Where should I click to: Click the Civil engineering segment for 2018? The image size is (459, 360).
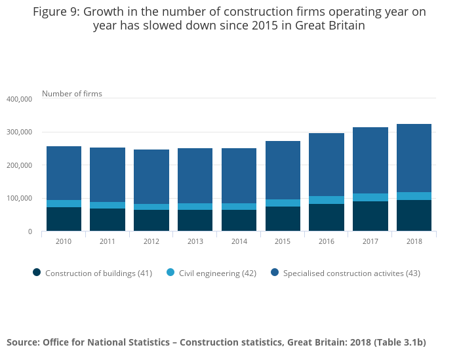click(x=414, y=196)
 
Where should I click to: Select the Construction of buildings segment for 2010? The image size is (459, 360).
click(x=64, y=219)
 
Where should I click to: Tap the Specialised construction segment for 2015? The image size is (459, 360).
click(x=283, y=170)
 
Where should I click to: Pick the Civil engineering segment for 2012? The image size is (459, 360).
click(x=151, y=207)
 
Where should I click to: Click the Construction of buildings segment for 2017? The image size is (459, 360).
click(x=370, y=216)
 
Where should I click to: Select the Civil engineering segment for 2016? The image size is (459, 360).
click(x=327, y=200)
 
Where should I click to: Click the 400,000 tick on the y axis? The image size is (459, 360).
click(x=19, y=99)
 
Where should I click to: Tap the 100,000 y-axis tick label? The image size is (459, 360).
click(x=19, y=198)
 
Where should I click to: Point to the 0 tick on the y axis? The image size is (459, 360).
click(x=30, y=231)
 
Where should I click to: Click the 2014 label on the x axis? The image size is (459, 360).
click(x=239, y=241)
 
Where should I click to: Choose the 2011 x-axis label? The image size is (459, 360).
click(x=108, y=241)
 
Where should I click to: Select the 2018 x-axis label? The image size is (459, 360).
click(x=414, y=241)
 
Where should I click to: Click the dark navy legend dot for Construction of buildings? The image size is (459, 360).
click(x=37, y=273)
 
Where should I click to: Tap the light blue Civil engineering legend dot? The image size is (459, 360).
click(x=170, y=273)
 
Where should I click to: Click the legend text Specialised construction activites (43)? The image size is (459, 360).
click(x=351, y=273)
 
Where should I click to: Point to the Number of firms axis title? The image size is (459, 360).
click(x=72, y=94)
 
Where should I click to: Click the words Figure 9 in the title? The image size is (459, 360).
click(x=57, y=11)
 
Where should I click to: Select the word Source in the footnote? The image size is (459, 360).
click(x=22, y=342)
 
